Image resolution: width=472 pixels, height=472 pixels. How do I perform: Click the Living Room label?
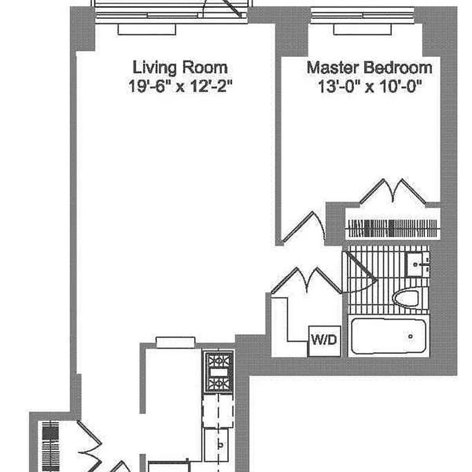click(x=180, y=67)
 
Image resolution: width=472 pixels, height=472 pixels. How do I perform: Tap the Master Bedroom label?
click(x=369, y=67)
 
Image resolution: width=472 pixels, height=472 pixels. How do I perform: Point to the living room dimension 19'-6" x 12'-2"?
click(x=181, y=86)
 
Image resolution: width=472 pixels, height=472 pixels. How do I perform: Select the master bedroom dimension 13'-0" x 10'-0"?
click(x=370, y=86)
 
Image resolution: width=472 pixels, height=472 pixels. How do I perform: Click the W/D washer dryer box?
click(x=324, y=341)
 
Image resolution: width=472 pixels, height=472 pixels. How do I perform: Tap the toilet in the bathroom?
click(x=406, y=299)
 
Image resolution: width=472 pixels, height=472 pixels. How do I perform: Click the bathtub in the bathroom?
click(x=388, y=336)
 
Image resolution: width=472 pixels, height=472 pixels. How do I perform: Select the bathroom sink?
click(x=417, y=265)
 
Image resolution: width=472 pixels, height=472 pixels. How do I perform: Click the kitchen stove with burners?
click(x=219, y=372)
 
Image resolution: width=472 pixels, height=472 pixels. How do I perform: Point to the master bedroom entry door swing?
click(x=304, y=227)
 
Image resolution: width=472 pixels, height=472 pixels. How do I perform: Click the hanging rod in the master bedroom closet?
click(x=393, y=228)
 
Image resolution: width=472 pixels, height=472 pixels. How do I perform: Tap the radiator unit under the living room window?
click(x=147, y=29)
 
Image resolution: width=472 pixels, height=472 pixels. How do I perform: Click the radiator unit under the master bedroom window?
click(x=363, y=29)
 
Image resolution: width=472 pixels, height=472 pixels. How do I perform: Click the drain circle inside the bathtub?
click(x=410, y=336)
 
